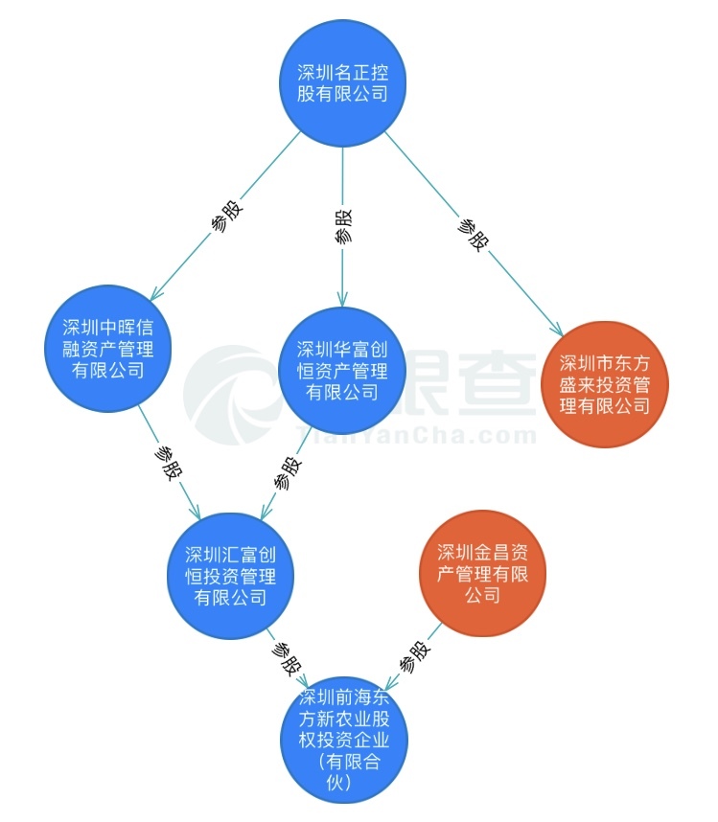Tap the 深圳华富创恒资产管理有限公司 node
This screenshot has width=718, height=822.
coord(342,370)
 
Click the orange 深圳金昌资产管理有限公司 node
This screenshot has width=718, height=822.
coord(482,573)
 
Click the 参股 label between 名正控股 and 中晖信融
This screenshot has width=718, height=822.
coord(227,217)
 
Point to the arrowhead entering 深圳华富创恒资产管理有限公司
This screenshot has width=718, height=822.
coord(342,302)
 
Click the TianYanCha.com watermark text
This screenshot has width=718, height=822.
coord(422,436)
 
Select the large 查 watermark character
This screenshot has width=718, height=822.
coord(498,383)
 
